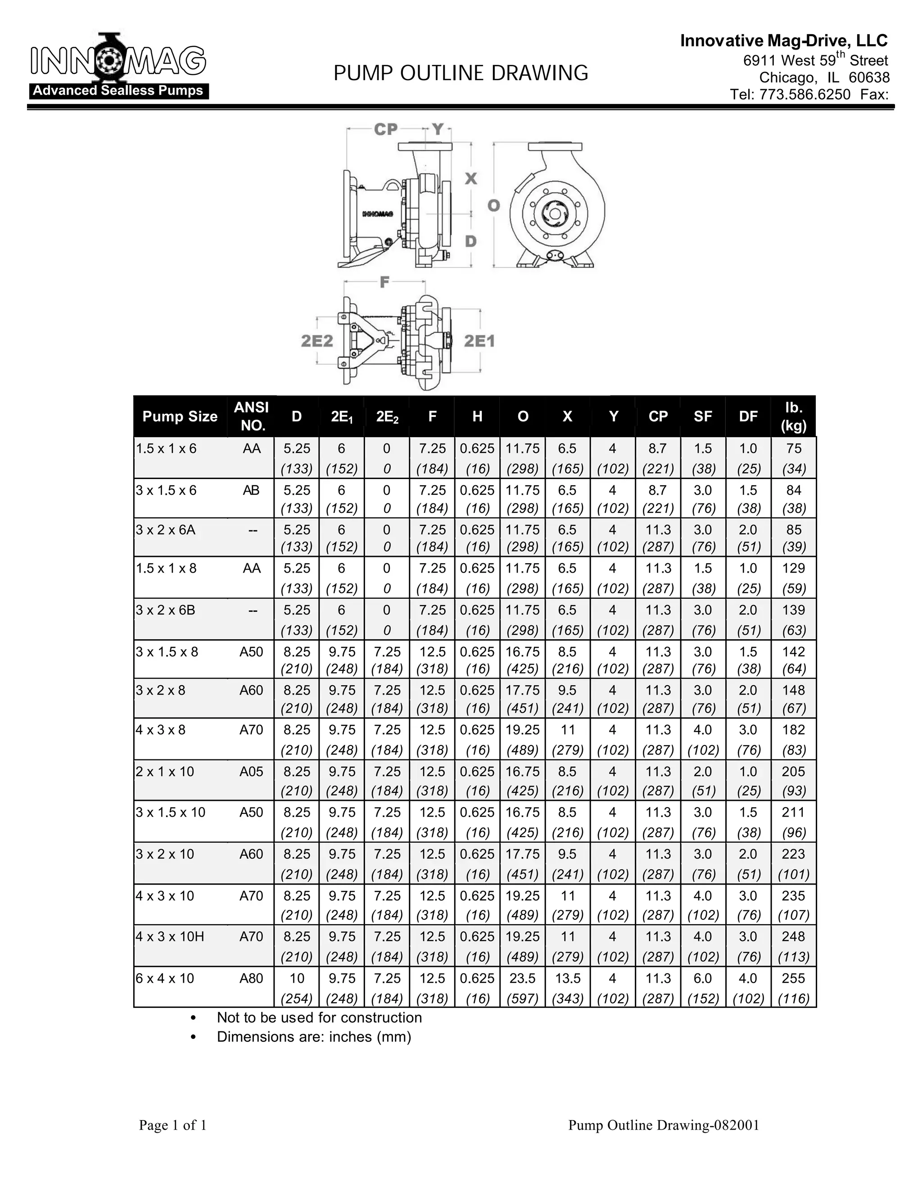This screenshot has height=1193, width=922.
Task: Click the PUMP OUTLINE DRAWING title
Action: click(461, 72)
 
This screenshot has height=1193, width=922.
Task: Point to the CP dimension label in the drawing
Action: click(386, 130)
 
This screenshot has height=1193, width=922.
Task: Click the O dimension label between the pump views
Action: click(493, 205)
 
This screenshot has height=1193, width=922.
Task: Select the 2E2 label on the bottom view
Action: click(317, 341)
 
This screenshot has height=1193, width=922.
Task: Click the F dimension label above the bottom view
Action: click(384, 282)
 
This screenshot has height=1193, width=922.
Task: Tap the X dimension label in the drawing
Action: click(470, 179)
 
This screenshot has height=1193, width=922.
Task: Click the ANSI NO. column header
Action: click(251, 416)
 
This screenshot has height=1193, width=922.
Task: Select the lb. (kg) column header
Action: click(793, 416)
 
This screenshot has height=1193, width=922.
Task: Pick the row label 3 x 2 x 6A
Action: click(166, 530)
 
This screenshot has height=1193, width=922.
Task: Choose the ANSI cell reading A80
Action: click(251, 978)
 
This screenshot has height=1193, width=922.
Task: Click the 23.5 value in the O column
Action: click(523, 978)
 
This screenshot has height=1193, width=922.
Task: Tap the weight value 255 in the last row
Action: click(793, 978)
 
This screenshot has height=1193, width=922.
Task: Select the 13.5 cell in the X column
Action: click(568, 978)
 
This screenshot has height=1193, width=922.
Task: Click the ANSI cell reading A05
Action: click(251, 772)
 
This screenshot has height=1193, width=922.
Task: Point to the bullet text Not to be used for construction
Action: click(319, 1018)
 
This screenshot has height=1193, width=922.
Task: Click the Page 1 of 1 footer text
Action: click(172, 1125)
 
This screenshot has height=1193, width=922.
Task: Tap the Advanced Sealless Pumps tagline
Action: click(118, 90)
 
